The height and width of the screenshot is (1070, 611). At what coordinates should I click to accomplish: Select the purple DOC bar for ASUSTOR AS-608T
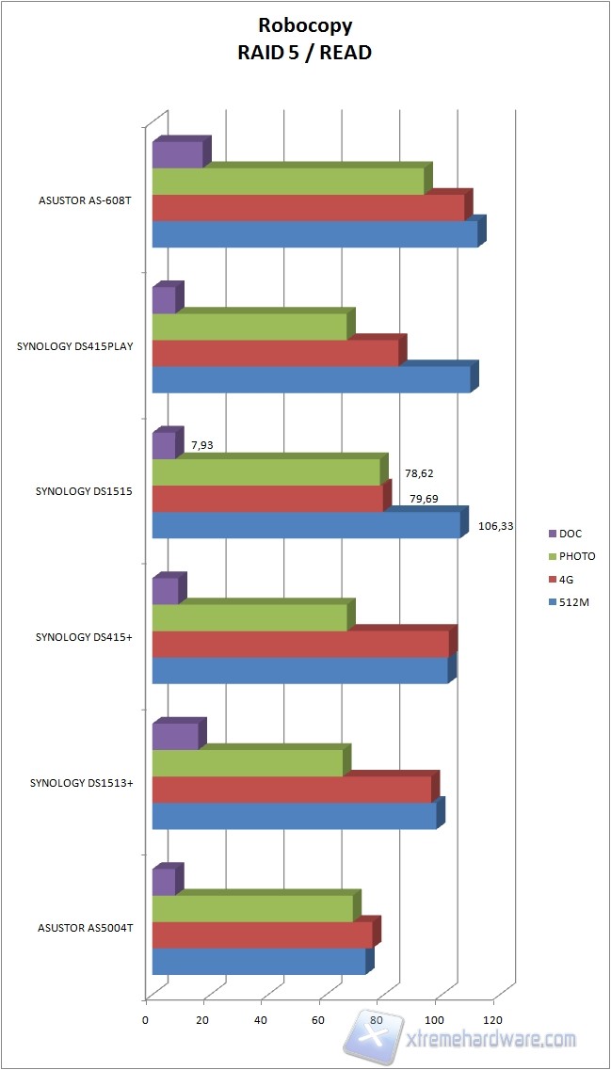pos(177,154)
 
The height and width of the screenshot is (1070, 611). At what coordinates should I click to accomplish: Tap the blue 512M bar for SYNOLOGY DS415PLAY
pos(311,379)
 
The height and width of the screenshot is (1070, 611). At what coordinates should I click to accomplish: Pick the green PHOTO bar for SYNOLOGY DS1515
pos(266,471)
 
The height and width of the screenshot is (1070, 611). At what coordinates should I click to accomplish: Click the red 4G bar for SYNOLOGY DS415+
pos(300,644)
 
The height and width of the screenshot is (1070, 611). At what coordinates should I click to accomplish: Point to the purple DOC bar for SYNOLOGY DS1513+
pos(175,736)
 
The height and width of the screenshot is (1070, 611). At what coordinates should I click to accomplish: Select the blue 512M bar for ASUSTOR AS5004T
pos(259,961)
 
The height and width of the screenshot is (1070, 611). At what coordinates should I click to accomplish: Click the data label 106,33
pos(495,526)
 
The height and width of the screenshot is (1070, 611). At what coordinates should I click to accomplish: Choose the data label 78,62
pos(419,473)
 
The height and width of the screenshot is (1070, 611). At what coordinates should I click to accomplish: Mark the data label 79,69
pos(424,499)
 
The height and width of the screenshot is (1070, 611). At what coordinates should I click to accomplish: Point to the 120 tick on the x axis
pos(492,1019)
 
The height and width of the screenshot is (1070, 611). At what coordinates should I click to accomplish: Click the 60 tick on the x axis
pos(319,1019)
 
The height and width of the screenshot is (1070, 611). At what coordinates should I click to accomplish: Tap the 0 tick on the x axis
pos(146,1019)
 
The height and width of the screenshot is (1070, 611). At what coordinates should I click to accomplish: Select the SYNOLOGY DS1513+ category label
pos(80,783)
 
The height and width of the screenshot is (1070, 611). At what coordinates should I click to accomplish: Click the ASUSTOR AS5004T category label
pos(86,928)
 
